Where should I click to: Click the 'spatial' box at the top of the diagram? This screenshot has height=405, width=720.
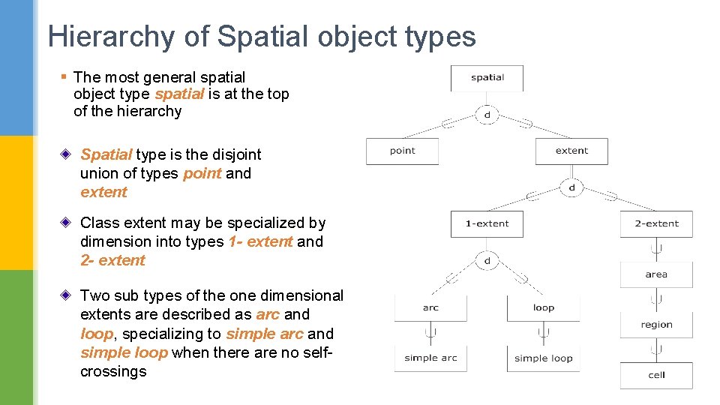tap(487, 78)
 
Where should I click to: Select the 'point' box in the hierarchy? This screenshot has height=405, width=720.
tap(402, 151)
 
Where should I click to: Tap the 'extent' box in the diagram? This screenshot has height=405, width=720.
tap(571, 151)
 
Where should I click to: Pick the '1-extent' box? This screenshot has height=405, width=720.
tap(487, 223)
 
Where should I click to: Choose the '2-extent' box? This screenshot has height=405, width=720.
tap(656, 223)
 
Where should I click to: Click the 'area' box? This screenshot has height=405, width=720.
tap(656, 274)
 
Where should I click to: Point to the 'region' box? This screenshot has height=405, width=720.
tap(656, 325)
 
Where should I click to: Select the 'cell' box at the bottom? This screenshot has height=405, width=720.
tap(656, 375)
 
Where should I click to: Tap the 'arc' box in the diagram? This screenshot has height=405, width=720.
tap(430, 308)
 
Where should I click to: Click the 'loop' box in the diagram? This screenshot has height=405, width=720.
tap(543, 308)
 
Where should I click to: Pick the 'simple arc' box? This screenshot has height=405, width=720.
tap(430, 358)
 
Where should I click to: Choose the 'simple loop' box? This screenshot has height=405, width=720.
tap(543, 358)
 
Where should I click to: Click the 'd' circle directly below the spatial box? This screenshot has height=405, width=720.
tap(487, 115)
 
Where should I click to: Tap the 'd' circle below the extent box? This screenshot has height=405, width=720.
tap(571, 187)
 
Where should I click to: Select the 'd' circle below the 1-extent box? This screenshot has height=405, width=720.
tap(487, 260)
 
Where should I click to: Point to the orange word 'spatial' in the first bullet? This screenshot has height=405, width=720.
tap(179, 94)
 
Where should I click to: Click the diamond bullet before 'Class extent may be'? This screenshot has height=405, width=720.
tap(67, 223)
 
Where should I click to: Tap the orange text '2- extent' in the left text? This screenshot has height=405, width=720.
tap(112, 261)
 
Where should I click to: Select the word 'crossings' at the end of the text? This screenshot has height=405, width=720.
tap(113, 372)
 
